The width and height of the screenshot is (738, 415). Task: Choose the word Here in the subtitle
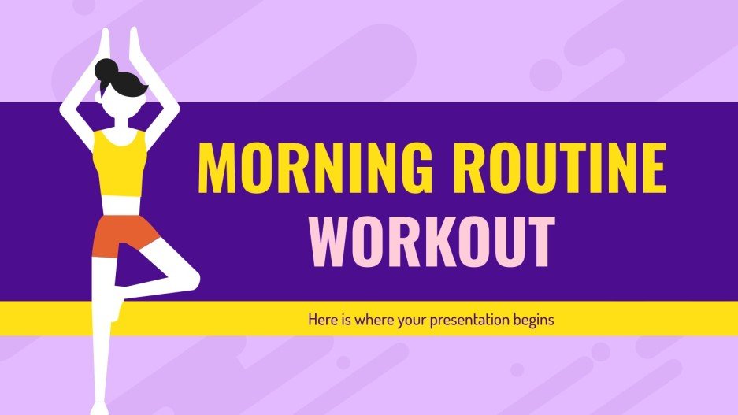pos(321,321)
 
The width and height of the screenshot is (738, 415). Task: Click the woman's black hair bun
pos(106,73)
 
